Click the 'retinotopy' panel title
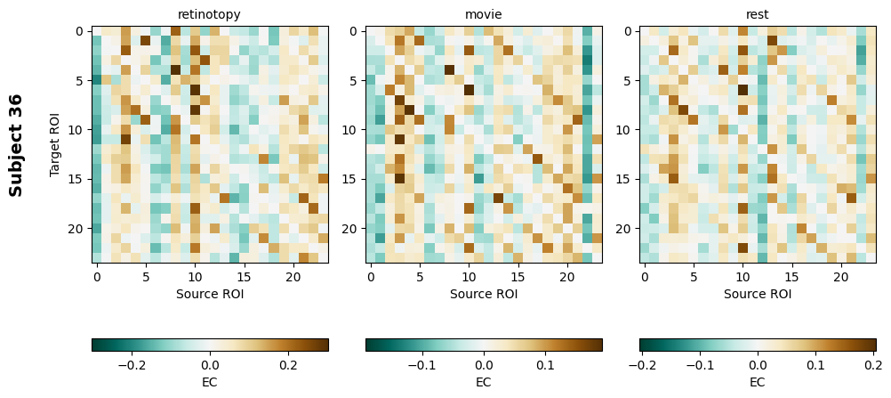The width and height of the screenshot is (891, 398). coord(210,14)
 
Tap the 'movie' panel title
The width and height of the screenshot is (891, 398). coord(483,14)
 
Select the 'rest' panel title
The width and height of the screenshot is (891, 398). coord(758,14)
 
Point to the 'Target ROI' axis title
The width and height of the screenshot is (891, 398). coord(56,144)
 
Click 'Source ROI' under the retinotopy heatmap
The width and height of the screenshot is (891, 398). coord(210,293)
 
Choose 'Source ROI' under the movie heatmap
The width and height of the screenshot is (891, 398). coord(483,293)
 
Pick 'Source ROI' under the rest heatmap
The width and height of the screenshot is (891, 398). coord(758,293)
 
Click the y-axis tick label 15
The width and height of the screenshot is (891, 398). coord(76,180)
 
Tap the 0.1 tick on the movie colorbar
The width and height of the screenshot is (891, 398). coord(545,365)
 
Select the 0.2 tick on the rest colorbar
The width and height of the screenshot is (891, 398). coord(872,365)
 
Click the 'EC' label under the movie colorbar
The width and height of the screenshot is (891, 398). coord(483,382)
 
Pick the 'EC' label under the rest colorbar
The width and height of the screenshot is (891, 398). coord(758,382)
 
